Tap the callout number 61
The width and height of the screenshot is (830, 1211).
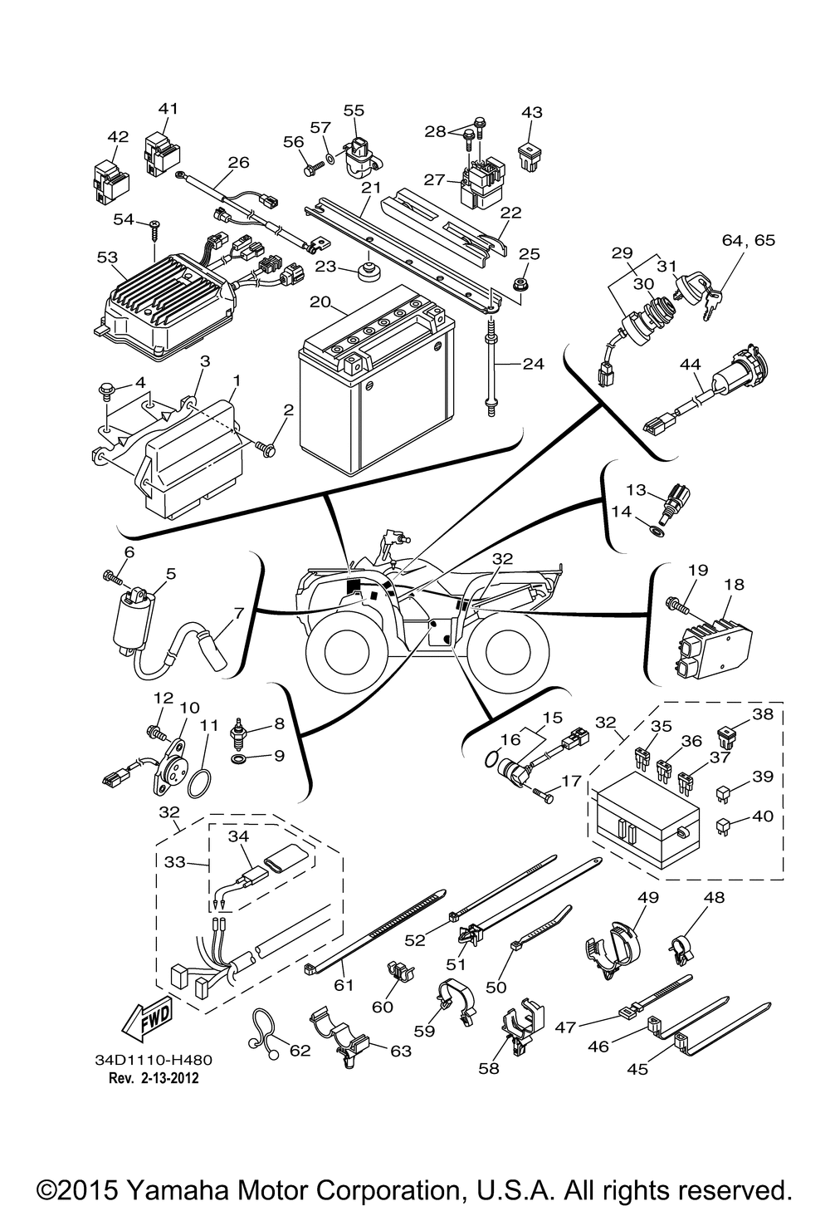pyautogui.click(x=344, y=985)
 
